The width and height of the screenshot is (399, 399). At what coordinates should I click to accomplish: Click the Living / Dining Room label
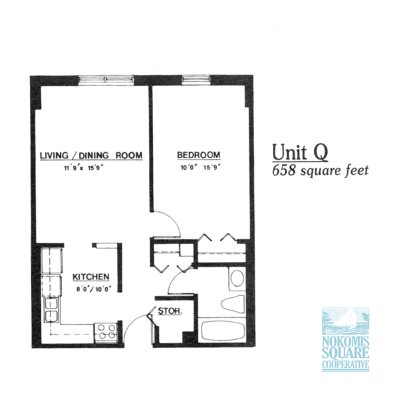click(91, 155)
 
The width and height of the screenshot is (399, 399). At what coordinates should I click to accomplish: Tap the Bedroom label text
click(199, 155)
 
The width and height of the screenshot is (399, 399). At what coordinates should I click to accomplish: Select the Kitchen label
click(91, 277)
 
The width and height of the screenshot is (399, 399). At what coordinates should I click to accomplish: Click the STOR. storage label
click(170, 311)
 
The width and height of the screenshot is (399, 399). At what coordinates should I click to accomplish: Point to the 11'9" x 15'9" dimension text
click(84, 168)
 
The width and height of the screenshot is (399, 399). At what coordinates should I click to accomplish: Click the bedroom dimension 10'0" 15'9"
click(200, 168)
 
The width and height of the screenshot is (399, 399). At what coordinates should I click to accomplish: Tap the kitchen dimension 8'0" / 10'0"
click(94, 289)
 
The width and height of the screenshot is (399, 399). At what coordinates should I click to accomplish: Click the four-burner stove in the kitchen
click(106, 332)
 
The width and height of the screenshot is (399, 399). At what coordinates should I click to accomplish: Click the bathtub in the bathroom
click(222, 331)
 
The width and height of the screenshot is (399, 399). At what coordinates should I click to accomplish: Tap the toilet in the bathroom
click(233, 304)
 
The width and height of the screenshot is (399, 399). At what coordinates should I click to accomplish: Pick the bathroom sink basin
click(237, 279)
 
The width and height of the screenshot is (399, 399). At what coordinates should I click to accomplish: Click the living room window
click(106, 80)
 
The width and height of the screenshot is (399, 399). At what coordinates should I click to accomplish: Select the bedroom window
click(196, 80)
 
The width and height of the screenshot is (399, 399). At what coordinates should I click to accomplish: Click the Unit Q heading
click(300, 152)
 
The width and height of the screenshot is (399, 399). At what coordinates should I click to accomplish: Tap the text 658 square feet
click(321, 171)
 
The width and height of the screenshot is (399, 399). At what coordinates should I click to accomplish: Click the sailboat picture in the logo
click(346, 321)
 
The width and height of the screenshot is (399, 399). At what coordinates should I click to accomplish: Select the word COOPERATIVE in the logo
click(346, 364)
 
